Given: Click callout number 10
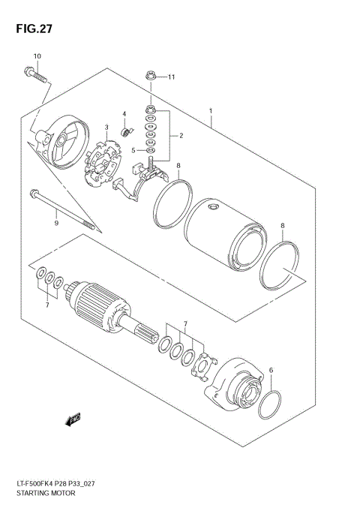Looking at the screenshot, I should (37, 57).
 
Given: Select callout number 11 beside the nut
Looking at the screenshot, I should (171, 77).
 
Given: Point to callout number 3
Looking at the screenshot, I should (107, 127).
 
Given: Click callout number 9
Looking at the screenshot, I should (55, 222).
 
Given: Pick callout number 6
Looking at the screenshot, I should (271, 370).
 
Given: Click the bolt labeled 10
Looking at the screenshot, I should (34, 76).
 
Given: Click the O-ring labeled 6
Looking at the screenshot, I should (271, 406).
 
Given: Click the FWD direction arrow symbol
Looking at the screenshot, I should (73, 419).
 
